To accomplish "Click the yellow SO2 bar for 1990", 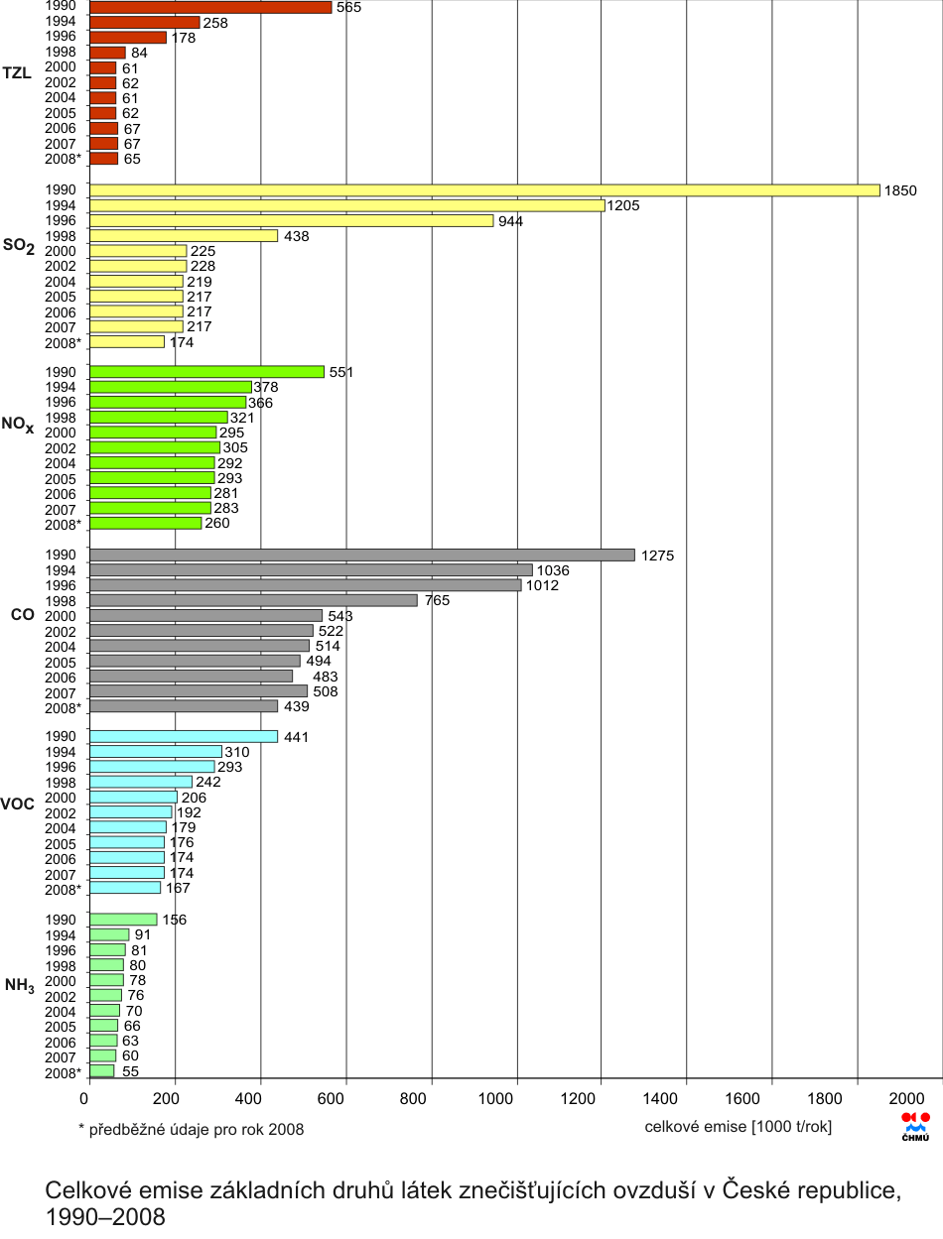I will coord(484,190).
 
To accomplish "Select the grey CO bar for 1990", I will coord(362,556).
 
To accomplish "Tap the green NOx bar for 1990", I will coord(206,372).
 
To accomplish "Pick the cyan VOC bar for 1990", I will coord(184,736).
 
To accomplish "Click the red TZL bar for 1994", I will coord(145,22).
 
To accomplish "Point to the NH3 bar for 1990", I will coord(123,920).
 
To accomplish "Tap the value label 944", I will coord(510,221).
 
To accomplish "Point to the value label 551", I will coord(341,372).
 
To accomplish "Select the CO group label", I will coord(22,615).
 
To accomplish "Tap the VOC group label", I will coord(18,804).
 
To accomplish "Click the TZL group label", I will coord(18,73).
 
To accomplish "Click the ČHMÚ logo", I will coord(915,1126).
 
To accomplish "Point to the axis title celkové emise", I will coord(739,1126).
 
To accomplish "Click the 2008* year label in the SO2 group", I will coord(63,342).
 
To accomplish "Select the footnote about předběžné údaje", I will coord(191,1129).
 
